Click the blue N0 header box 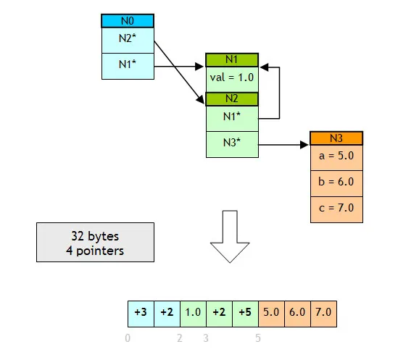point(128,21)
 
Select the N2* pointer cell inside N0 point(128,41)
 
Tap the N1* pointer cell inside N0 point(128,66)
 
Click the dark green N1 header point(232,60)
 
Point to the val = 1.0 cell point(232,80)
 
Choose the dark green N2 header point(232,99)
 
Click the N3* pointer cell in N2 point(232,144)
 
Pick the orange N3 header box point(336,138)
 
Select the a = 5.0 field point(336,158)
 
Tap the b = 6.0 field point(336,183)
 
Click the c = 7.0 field point(336,209)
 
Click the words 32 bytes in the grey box point(95,236)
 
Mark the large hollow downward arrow point(230,237)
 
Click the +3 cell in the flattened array point(141,314)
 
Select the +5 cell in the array point(245,314)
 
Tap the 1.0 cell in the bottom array point(193,314)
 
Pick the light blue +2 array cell point(167,314)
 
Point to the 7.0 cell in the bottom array point(323,314)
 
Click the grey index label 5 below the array point(258,338)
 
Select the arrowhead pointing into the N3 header point(304,145)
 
